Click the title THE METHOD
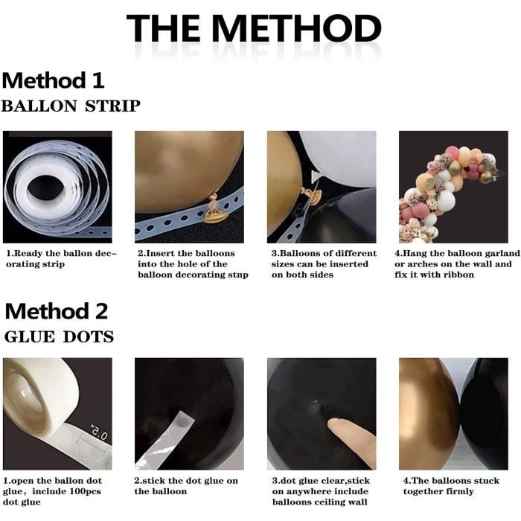(254, 28)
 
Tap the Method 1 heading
(53, 80)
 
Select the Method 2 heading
(57, 311)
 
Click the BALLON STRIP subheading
(71, 106)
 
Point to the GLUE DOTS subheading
(59, 337)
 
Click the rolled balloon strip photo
(57, 187)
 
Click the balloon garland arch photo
(453, 187)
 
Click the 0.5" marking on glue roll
(99, 432)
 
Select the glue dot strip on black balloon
(166, 439)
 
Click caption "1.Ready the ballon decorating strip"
(62, 258)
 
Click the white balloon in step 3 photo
(342, 158)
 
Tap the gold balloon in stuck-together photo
(429, 414)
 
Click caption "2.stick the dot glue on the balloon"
(186, 486)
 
